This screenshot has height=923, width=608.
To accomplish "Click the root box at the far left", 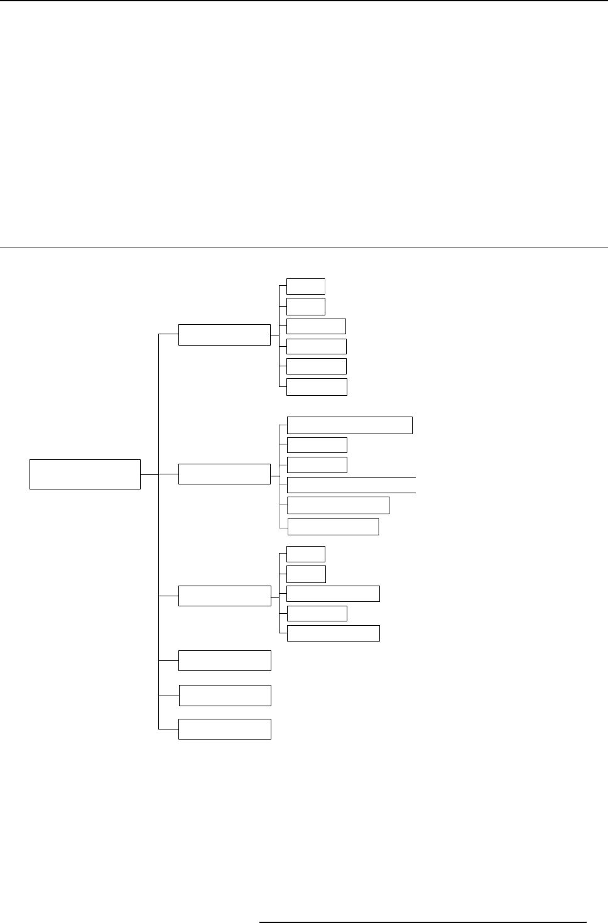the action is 85,474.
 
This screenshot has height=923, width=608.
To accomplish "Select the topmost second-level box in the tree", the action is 224,334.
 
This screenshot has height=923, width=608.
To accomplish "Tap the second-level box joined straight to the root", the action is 224,474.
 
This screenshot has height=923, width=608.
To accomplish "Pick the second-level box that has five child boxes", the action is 224,596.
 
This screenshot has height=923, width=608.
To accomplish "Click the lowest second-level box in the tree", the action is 224,729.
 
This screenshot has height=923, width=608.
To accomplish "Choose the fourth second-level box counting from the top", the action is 224,661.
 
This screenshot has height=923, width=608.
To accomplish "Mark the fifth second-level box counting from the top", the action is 224,696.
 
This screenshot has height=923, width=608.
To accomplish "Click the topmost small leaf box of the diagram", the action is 306,286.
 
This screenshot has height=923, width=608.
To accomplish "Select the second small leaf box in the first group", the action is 306,306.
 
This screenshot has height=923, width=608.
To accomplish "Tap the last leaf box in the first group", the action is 317,386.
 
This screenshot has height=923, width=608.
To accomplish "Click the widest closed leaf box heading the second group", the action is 350,425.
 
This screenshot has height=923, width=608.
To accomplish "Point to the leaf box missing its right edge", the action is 351,485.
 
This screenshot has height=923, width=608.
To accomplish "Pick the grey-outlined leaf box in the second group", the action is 338,505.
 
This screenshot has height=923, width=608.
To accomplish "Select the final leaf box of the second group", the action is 333,527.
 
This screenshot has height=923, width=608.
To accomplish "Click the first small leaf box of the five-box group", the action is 306,554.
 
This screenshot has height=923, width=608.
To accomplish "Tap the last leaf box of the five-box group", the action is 333,633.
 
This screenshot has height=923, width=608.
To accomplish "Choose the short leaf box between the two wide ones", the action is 317,613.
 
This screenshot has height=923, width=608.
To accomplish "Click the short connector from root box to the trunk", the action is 149,474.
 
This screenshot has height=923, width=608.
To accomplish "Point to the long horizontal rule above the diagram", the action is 304,248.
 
